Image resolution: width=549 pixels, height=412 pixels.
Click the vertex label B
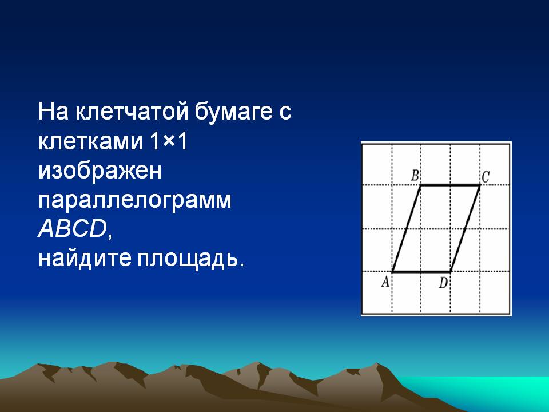(x=415, y=175)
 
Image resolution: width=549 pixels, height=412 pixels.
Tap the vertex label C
(x=485, y=177)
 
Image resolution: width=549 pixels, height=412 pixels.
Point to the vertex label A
(x=385, y=282)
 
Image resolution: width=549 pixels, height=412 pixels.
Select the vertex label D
(x=443, y=282)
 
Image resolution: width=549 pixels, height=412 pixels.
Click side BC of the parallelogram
(x=450, y=185)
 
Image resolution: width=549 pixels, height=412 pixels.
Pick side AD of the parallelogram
(x=421, y=271)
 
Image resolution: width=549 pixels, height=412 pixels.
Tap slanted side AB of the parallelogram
(x=407, y=228)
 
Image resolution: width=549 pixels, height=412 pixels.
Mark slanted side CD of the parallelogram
(x=465, y=228)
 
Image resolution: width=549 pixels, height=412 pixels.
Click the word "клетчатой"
(x=132, y=112)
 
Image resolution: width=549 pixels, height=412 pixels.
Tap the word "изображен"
(x=100, y=172)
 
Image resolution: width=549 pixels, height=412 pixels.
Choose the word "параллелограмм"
(x=135, y=201)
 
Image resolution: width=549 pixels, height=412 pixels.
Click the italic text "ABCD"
(x=73, y=229)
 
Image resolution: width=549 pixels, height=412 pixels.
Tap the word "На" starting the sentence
(x=54, y=112)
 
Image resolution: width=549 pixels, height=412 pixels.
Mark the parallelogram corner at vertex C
(x=480, y=185)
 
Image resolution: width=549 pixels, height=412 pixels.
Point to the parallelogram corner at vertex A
(x=392, y=271)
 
